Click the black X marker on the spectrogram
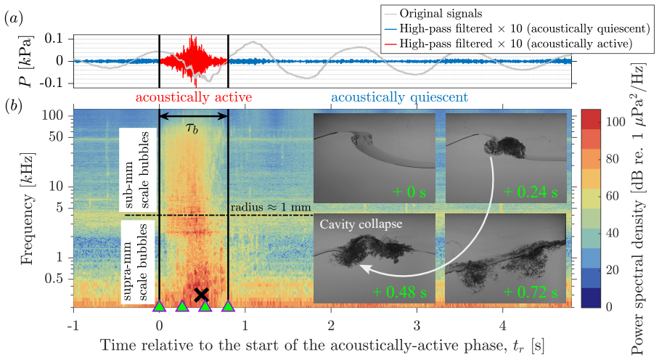pos(202,295)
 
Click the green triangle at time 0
pos(159,306)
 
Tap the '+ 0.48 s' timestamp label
pos(399,292)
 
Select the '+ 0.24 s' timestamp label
pos(531,192)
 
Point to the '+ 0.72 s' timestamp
pos(533,292)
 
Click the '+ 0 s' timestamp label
pos(409,192)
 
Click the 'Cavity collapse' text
pos(361,224)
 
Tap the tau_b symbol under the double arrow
pos(192,128)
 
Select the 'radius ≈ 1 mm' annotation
pos(271,207)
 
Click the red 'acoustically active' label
pos(194,97)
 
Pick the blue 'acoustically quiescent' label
pos(399,97)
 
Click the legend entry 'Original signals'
pos(441,14)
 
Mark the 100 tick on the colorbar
pos(615,121)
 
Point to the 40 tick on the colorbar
pos(613,232)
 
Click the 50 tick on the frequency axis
pos(56,136)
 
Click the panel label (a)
pos(14,18)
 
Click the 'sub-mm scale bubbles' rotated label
pos(138,170)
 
